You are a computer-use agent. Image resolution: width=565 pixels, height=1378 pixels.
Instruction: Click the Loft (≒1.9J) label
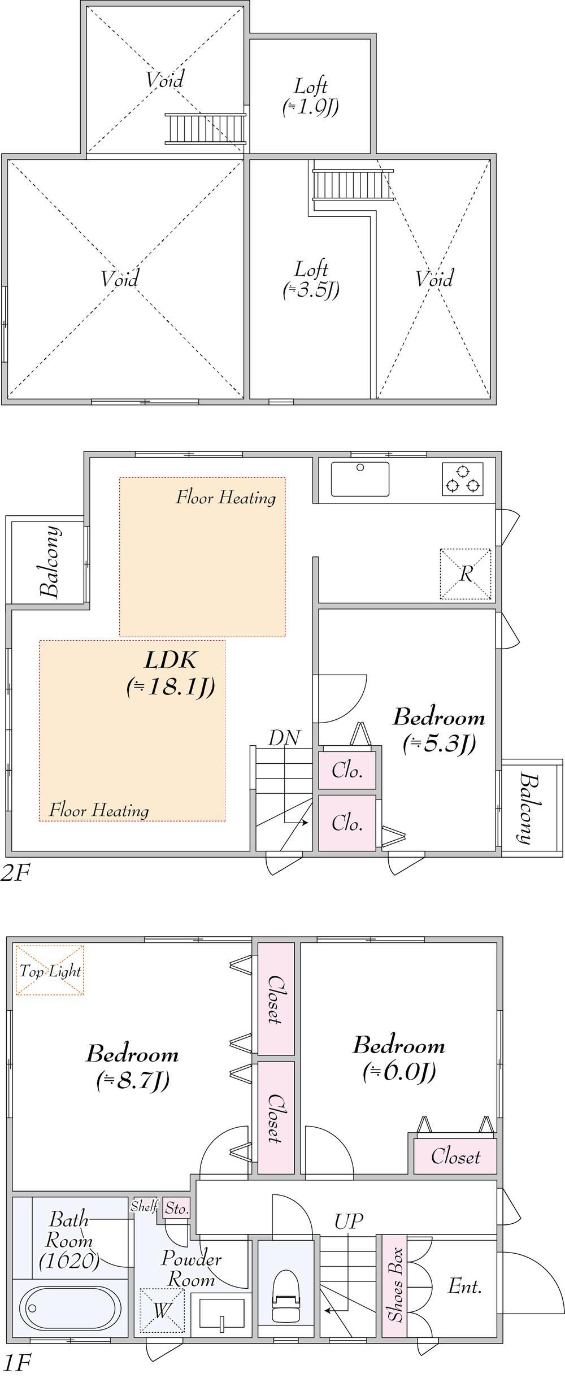(311, 97)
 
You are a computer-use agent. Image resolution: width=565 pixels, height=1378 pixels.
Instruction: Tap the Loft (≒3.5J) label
(311, 279)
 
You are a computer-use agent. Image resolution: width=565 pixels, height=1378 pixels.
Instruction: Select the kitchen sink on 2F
(360, 479)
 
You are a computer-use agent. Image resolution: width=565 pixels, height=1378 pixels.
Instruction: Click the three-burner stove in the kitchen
(463, 479)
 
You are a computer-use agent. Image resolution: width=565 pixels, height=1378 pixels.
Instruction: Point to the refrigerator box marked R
(466, 573)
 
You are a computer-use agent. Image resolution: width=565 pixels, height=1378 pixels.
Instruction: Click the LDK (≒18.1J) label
(170, 673)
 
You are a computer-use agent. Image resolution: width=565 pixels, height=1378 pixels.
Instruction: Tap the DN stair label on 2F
(284, 737)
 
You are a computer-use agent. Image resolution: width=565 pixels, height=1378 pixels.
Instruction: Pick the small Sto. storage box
(177, 1208)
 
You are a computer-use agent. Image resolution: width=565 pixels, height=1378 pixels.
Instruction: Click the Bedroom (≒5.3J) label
(439, 729)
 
